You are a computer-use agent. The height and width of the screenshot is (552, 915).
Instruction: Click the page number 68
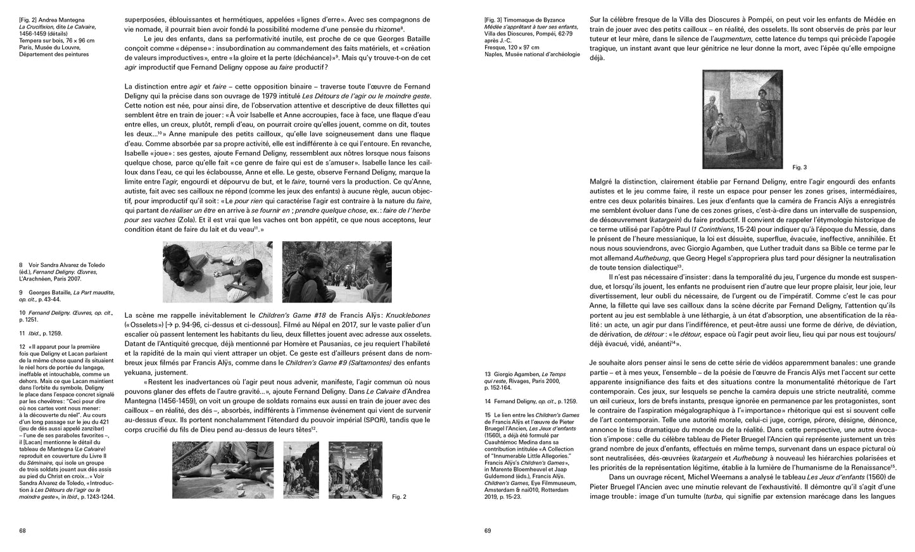[22, 531]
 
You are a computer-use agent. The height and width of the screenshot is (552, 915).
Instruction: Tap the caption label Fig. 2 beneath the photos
[399, 497]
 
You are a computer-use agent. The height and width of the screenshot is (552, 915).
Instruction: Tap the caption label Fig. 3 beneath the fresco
[800, 167]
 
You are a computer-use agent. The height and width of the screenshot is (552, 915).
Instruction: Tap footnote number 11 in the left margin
[22, 332]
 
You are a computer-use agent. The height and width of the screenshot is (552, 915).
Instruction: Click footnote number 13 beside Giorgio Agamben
[488, 374]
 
